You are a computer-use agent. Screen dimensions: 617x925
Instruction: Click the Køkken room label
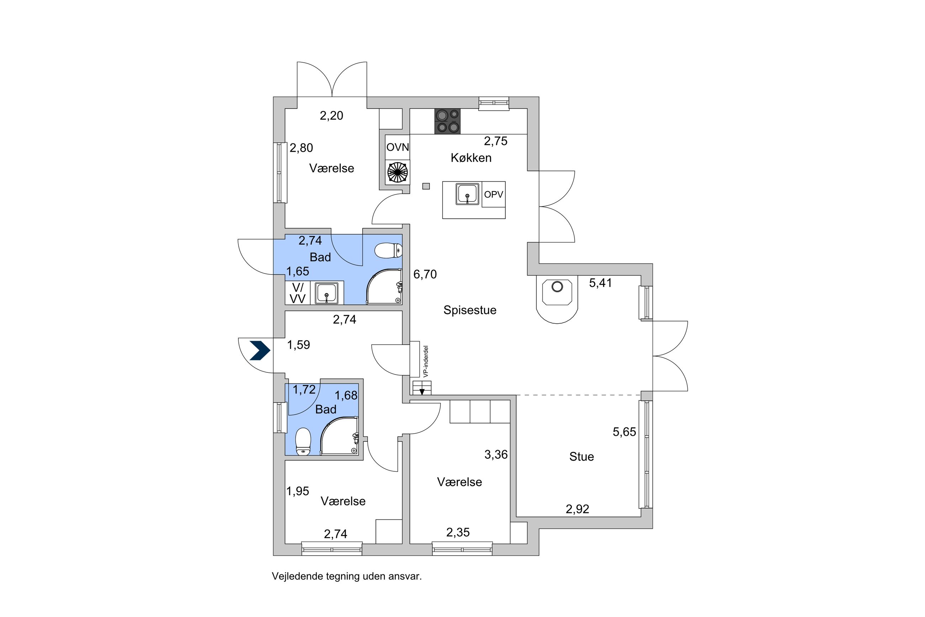point(471,158)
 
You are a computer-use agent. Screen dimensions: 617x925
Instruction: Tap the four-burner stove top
point(447,121)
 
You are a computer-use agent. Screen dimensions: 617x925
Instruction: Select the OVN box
point(397,147)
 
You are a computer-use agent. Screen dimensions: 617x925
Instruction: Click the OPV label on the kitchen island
point(493,194)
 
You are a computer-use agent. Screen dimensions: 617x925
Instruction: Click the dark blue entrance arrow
point(260,350)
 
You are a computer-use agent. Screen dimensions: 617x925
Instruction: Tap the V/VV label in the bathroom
point(297,293)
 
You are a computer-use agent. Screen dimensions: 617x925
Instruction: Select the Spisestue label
point(469,310)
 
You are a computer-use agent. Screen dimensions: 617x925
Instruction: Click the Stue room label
point(581,456)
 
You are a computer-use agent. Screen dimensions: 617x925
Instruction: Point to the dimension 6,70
point(424,274)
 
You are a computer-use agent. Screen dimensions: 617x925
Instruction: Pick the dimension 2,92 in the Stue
point(577,509)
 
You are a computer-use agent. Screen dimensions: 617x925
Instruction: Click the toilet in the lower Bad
point(303,441)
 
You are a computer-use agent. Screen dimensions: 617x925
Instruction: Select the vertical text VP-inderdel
point(426,361)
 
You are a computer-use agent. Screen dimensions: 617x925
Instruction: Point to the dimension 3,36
point(496,455)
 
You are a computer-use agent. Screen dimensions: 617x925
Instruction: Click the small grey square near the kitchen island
point(426,186)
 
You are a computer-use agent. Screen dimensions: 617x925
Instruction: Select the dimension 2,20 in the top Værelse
point(331,116)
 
